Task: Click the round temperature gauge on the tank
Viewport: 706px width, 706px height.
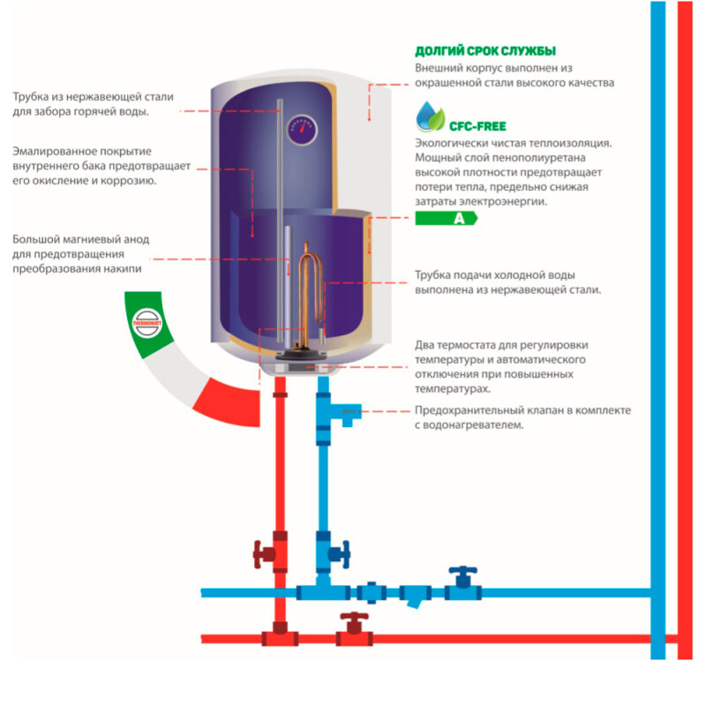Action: (x=301, y=129)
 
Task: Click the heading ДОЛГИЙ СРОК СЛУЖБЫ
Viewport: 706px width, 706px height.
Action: (x=485, y=51)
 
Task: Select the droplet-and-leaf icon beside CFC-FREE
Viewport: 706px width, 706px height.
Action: (x=430, y=117)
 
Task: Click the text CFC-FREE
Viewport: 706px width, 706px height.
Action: (x=477, y=126)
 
